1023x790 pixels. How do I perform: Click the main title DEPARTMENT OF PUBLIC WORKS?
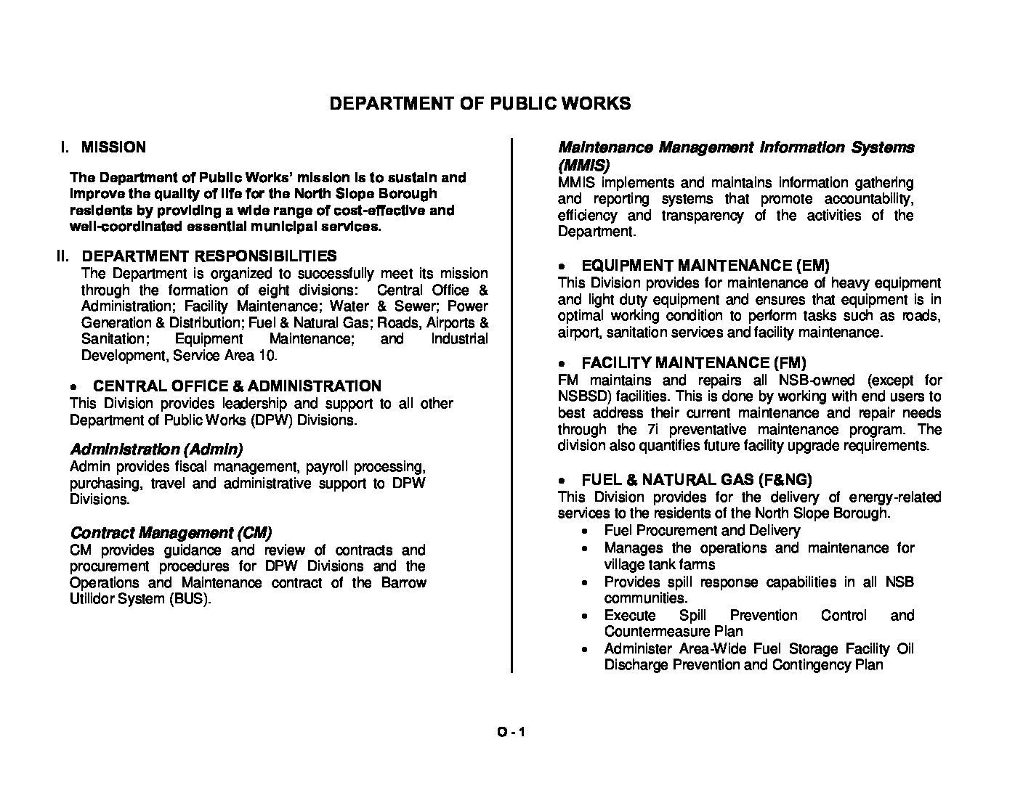tap(480, 103)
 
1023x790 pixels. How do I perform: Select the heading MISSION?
tap(113, 147)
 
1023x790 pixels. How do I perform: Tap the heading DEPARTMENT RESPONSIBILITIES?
tap(209, 256)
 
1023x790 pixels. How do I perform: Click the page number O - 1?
tap(511, 732)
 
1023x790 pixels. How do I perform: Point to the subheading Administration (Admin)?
tap(156, 449)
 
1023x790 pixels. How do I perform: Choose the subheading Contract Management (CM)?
tap(171, 532)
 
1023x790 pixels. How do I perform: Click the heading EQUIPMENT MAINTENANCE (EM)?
tap(705, 266)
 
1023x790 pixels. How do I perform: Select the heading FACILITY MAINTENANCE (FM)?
tap(694, 362)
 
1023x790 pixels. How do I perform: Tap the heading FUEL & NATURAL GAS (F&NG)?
tap(697, 479)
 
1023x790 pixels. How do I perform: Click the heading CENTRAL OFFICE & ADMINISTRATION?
tap(237, 386)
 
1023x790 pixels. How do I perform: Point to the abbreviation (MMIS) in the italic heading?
tap(583, 164)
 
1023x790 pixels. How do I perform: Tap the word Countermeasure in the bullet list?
tap(652, 632)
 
